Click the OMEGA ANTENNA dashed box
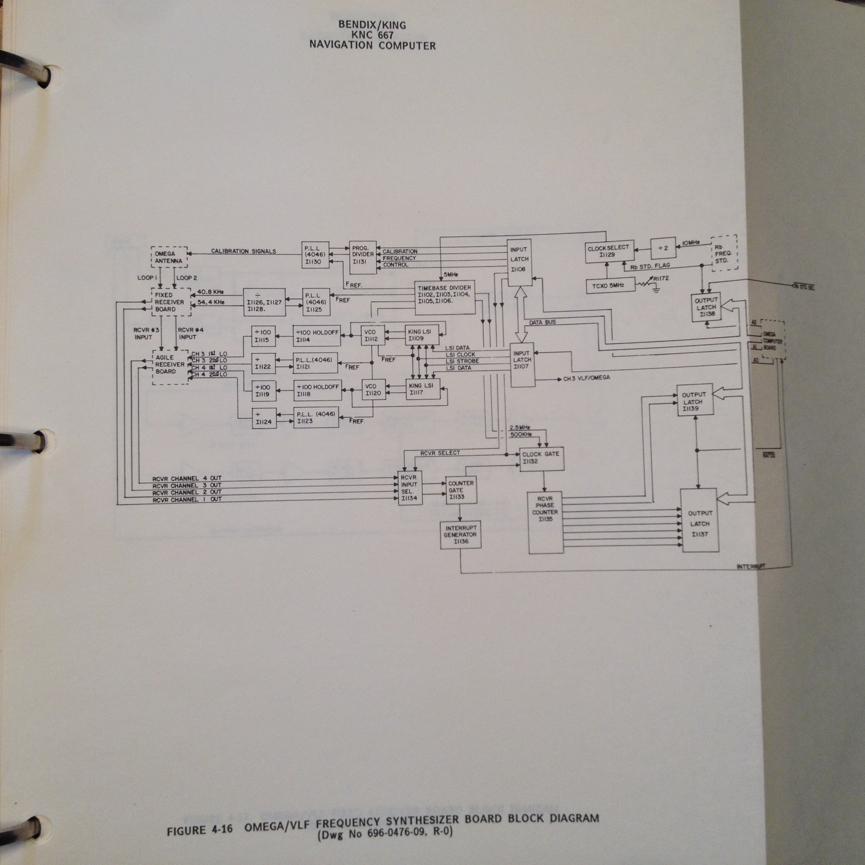click(169, 257)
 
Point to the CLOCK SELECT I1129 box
click(609, 251)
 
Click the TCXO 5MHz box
click(610, 285)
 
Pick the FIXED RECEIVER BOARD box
click(170, 302)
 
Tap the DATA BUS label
click(542, 322)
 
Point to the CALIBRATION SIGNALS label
click(243, 251)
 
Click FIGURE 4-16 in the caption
click(199, 830)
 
